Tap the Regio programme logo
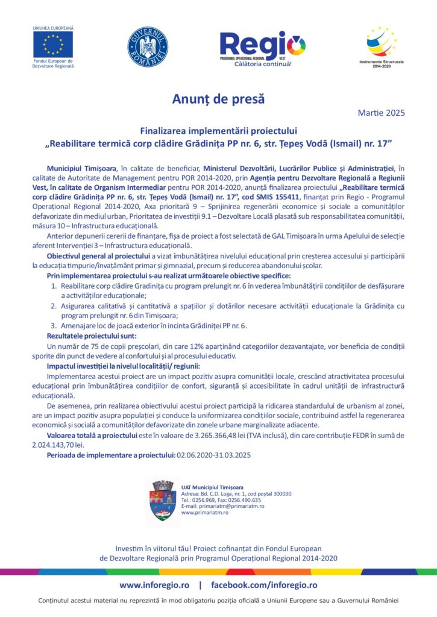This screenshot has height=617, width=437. click(x=262, y=46)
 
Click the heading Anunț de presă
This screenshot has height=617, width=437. click(x=218, y=98)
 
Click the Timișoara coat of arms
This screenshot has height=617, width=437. click(x=163, y=500)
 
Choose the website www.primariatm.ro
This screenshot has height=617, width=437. click(x=204, y=513)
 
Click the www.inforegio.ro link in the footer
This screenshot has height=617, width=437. click(x=154, y=585)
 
